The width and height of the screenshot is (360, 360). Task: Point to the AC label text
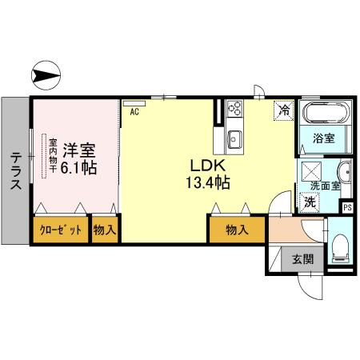pos(134,113)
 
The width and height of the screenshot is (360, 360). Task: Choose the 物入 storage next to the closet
pos(105,230)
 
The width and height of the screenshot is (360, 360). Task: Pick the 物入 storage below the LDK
pos(235,230)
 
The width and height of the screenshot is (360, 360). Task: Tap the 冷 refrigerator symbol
pos(284,110)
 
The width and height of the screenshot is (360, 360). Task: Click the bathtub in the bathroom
pos(325,113)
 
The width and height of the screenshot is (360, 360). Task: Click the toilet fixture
pos(339,249)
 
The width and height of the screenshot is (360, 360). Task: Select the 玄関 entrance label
pos(302,258)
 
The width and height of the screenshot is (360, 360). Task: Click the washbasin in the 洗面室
pos(344,171)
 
